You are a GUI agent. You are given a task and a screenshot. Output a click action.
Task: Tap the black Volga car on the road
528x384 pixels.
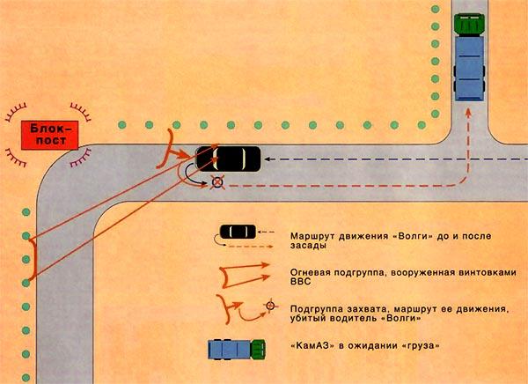pos(229,158)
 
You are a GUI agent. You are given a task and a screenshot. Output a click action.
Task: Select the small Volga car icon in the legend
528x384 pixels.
pos(235,233)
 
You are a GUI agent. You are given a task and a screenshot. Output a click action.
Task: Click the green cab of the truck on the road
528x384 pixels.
pos(467,24)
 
